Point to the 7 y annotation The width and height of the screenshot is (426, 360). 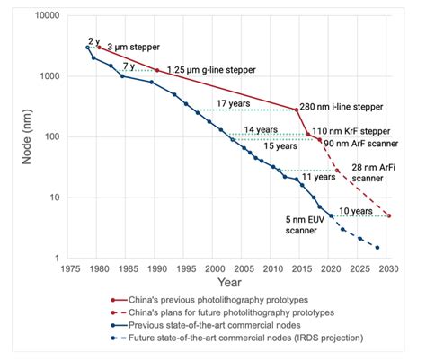(130, 65)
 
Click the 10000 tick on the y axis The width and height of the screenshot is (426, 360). (46, 16)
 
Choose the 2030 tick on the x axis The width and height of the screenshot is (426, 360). (387, 268)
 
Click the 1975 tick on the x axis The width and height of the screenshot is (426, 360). (70, 268)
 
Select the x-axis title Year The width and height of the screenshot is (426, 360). (228, 282)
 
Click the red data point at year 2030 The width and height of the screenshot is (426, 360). (388, 215)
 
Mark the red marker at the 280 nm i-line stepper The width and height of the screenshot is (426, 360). (297, 110)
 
